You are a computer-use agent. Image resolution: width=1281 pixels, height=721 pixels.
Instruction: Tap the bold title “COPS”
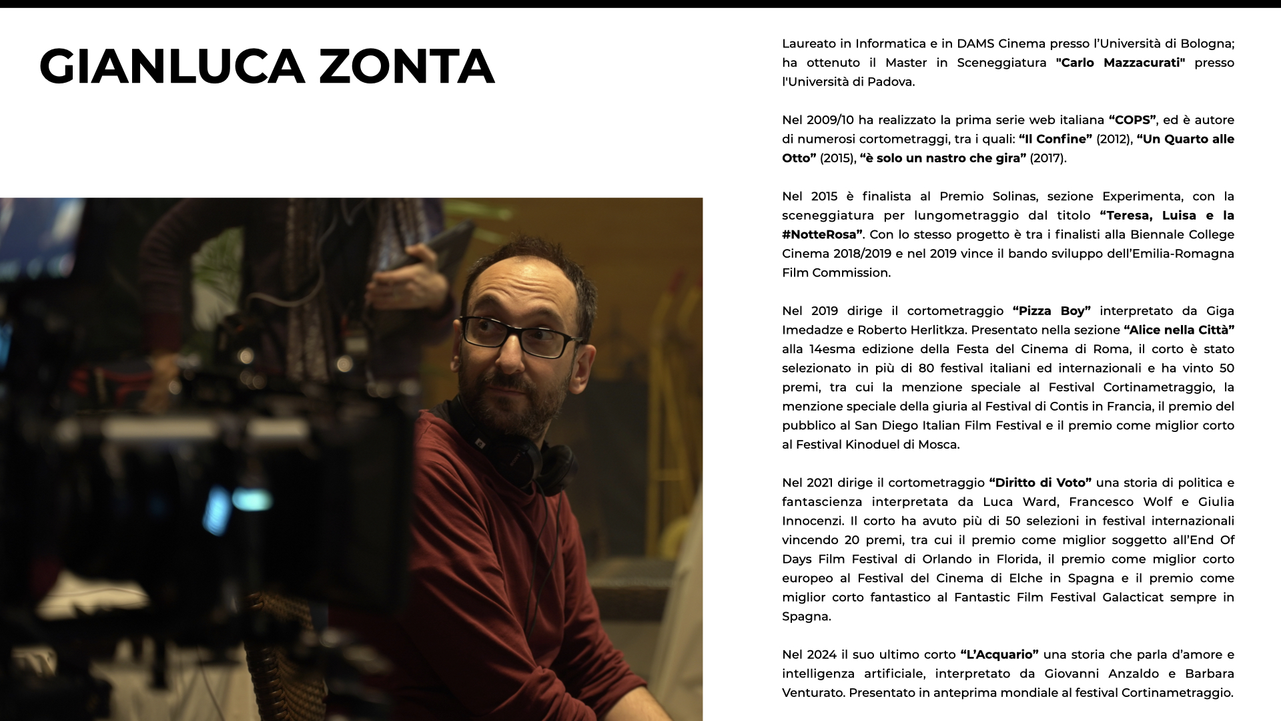pos(1132,120)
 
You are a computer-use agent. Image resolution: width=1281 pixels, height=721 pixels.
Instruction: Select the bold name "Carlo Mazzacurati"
pos(1120,63)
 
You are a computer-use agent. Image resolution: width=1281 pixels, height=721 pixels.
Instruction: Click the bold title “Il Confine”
pos(1055,139)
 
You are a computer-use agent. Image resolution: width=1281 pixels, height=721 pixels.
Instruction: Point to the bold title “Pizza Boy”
pos(1051,311)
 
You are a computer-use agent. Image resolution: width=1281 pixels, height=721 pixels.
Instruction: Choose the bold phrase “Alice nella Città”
pos(1179,330)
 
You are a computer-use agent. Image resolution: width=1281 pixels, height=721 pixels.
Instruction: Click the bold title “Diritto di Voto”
pos(1040,483)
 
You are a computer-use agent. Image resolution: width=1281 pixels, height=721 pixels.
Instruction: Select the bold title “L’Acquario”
pos(999,654)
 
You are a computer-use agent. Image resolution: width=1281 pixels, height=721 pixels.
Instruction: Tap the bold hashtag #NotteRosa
pos(822,235)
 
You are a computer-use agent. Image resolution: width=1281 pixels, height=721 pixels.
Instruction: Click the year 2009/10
pos(830,120)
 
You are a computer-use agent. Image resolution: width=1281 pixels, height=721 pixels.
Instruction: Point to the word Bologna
pos(1207,44)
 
